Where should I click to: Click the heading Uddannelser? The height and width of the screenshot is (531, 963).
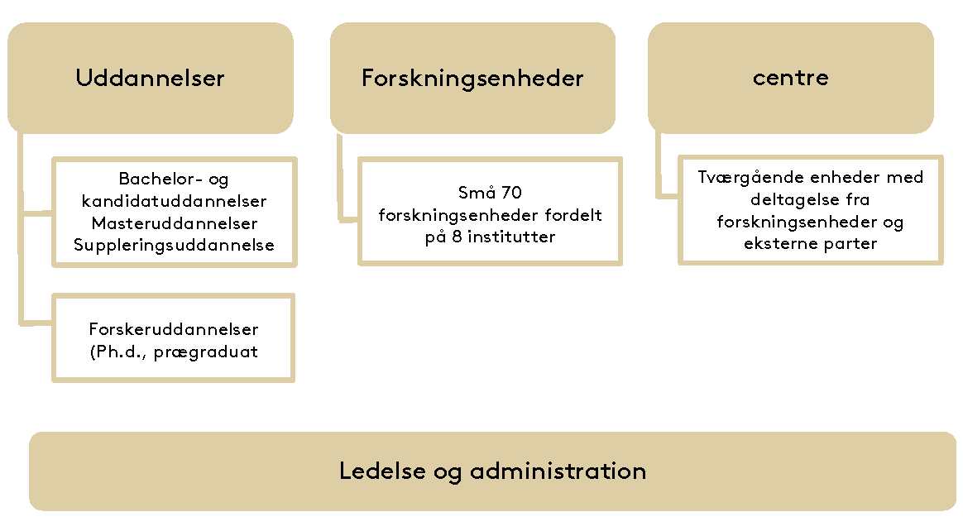point(150,78)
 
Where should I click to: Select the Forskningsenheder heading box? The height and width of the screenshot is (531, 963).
point(473,78)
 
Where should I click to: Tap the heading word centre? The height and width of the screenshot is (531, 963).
point(791,78)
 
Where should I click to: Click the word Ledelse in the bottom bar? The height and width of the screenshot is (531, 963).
point(382,471)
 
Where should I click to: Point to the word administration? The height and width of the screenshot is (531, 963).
point(558,471)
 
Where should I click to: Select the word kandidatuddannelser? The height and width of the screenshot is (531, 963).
point(174,201)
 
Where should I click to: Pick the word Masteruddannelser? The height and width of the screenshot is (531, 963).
point(175,222)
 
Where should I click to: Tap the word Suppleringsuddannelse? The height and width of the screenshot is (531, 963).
point(174,245)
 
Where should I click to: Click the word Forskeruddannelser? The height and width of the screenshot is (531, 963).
point(174,329)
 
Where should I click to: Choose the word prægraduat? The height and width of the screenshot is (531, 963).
point(206,352)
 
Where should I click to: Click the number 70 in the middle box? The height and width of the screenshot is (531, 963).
point(511,193)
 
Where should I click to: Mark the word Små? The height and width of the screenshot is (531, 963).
point(477,192)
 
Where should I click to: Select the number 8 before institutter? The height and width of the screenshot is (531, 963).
point(457,237)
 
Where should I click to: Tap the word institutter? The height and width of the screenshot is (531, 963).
point(511,237)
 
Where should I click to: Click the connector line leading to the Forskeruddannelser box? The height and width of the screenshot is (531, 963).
point(22,227)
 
